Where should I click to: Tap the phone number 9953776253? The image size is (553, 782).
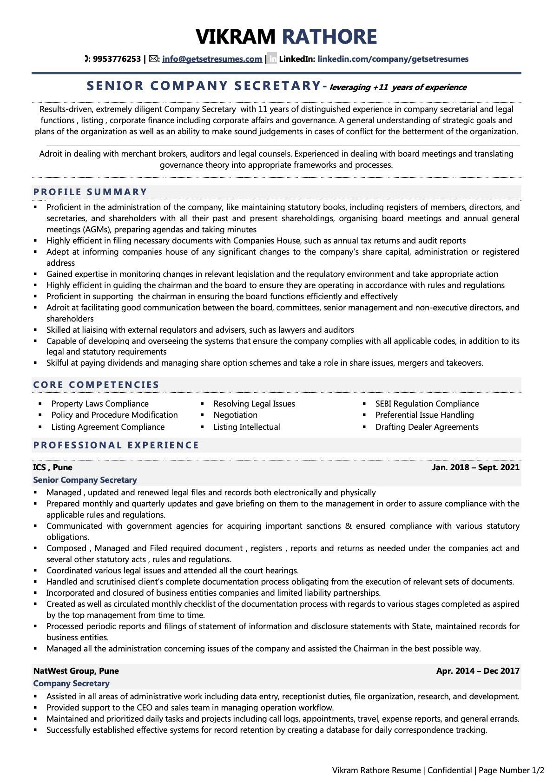click(117, 59)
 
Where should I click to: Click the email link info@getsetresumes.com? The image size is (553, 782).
click(212, 59)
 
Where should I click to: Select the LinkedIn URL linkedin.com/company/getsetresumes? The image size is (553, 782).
click(393, 59)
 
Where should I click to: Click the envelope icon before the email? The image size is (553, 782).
click(153, 59)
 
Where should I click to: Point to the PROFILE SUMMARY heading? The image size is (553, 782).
click(90, 192)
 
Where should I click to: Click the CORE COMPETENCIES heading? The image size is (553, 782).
click(96, 385)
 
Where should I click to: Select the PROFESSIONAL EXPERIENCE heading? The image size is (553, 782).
click(116, 445)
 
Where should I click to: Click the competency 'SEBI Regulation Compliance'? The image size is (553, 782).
click(427, 404)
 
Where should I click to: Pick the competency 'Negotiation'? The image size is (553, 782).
click(235, 415)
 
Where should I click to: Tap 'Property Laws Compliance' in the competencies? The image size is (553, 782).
click(100, 404)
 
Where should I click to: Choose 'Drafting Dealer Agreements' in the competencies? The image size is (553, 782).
click(427, 427)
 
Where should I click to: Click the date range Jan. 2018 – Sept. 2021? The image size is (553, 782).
click(475, 467)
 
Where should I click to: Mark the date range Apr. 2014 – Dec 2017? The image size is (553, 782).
click(478, 671)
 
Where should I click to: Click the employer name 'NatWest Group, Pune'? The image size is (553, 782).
click(76, 671)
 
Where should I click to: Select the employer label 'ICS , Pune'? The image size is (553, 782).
click(53, 467)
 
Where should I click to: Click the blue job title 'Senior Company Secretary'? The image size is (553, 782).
click(85, 480)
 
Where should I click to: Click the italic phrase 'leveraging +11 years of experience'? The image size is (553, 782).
click(398, 87)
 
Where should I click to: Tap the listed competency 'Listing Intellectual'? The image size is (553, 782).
click(246, 427)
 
